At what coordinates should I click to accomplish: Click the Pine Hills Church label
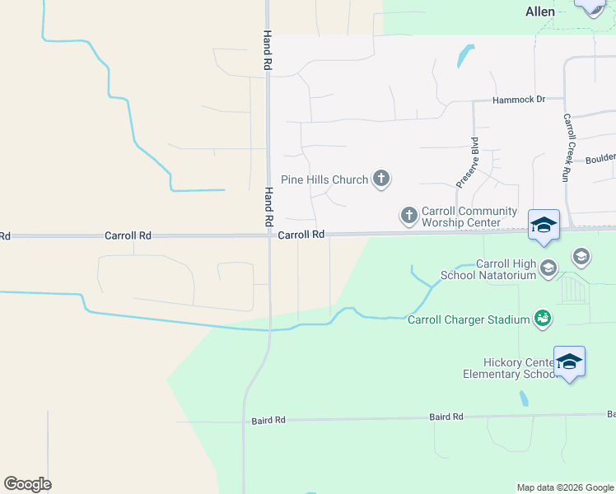(324, 179)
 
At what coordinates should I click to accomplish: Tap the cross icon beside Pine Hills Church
(380, 178)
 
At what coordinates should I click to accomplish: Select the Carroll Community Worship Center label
(469, 217)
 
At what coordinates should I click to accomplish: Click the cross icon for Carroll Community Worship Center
(408, 216)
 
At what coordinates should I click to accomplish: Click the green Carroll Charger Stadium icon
(543, 318)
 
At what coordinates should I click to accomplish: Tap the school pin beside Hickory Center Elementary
(569, 362)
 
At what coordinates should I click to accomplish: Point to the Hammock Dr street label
(519, 100)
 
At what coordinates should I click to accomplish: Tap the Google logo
(27, 483)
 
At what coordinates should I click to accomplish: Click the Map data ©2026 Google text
(564, 487)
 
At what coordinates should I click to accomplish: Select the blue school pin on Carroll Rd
(544, 226)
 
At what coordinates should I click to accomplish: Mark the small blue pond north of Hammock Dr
(464, 56)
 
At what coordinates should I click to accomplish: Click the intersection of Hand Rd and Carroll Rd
(269, 235)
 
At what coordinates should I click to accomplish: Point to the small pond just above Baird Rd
(524, 398)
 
